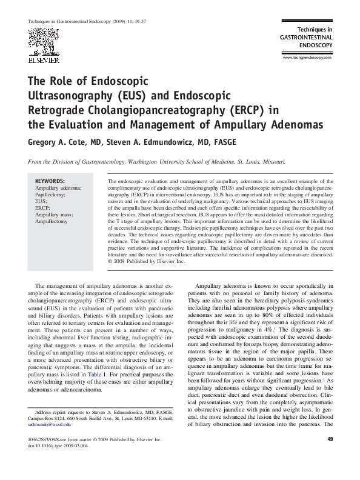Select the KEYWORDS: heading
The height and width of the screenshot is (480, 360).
(x=50, y=181)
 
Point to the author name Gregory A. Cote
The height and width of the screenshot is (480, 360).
(x=58, y=142)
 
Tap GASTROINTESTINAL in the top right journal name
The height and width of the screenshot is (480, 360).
(x=306, y=37)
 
